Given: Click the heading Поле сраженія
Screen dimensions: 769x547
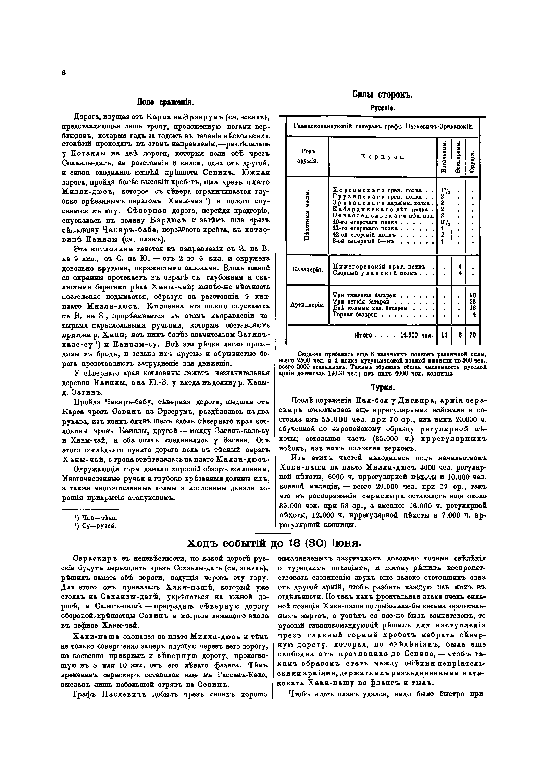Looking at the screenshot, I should click(x=166, y=102).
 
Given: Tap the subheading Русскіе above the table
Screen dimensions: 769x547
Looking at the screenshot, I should click(x=383, y=108).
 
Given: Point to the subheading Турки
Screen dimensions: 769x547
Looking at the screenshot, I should click(x=383, y=388).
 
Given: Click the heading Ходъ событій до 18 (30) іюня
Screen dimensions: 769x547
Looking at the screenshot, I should click(x=273, y=543).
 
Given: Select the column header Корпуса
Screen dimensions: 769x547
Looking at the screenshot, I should click(x=382, y=157).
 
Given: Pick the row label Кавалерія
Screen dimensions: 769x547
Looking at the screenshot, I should click(x=307, y=270).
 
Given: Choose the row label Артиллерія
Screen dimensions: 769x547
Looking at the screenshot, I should click(x=307, y=304).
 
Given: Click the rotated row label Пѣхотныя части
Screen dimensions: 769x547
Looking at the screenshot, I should click(x=307, y=215).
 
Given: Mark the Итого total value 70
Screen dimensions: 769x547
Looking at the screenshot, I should click(x=472, y=335).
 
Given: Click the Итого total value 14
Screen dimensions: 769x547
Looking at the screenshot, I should click(x=444, y=335).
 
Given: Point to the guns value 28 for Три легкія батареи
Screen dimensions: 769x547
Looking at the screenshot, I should click(x=472, y=301).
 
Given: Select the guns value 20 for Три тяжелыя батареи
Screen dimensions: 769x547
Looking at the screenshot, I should click(x=472, y=295).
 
